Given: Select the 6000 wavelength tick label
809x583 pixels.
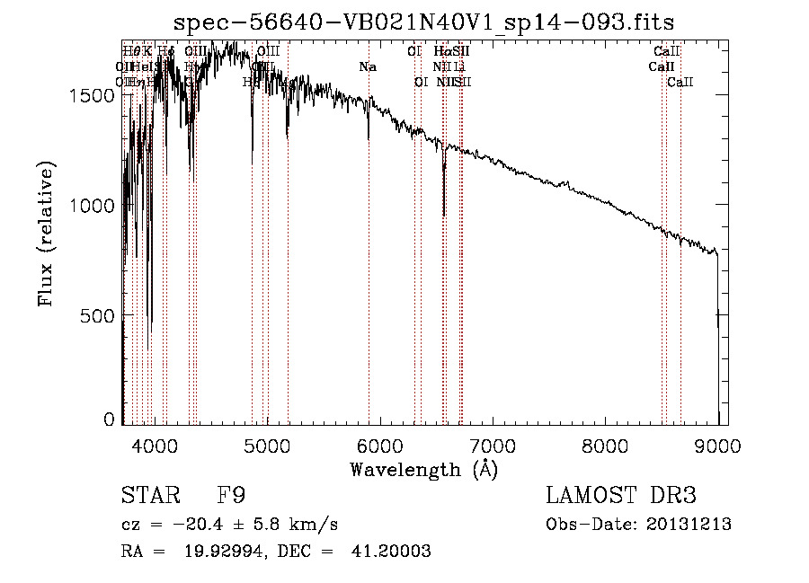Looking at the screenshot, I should [x=379, y=444].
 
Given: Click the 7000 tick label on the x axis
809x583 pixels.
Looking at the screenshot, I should [x=492, y=444].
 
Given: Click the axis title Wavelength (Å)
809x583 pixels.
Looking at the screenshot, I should [x=423, y=469].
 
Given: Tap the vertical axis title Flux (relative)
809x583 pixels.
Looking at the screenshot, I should [x=46, y=234].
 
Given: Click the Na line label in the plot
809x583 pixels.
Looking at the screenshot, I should [x=367, y=67].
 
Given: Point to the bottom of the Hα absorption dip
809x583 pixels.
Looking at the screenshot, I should [x=444, y=215].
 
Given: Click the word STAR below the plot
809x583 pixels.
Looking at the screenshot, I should [x=144, y=496].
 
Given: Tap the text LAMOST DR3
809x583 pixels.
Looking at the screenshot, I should [x=620, y=496].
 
